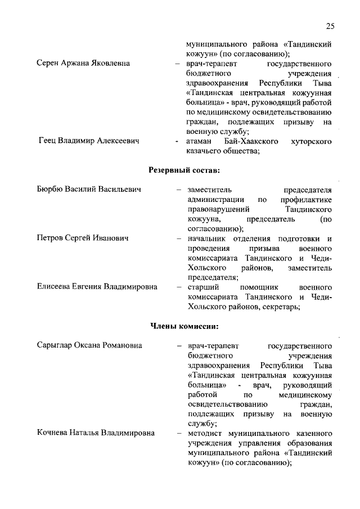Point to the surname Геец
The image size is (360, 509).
point(50,140)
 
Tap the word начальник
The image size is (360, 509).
point(205,238)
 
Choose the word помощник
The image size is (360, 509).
point(259,287)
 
